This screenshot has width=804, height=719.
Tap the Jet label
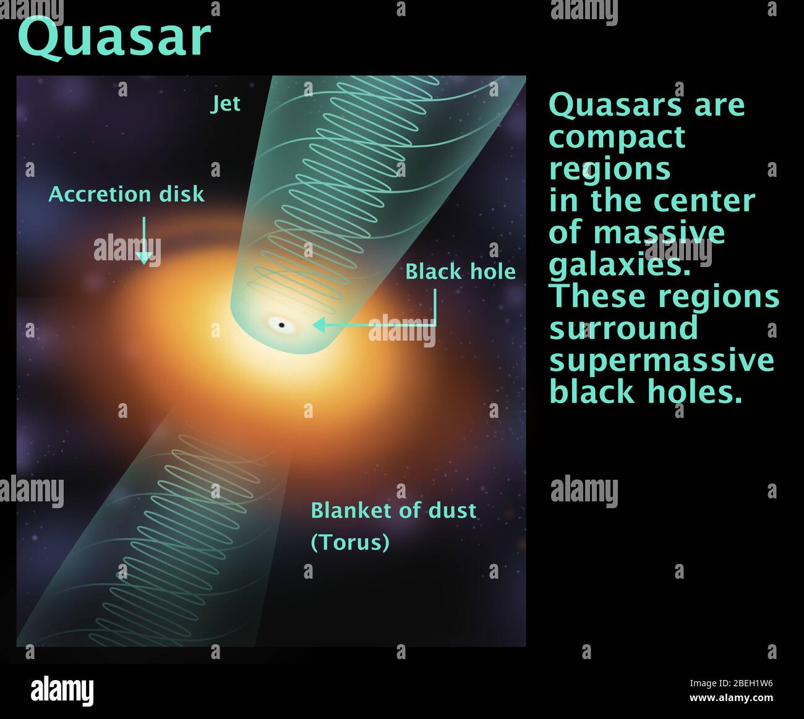tap(225, 104)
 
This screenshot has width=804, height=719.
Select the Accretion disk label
tap(126, 194)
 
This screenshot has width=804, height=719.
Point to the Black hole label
tap(460, 271)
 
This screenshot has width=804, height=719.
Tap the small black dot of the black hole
tap(281, 325)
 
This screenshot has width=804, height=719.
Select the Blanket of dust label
tap(393, 511)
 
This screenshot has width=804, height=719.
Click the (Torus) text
tap(349, 542)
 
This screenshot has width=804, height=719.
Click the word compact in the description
tap(617, 137)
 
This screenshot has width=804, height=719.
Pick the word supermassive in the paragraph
tap(661, 360)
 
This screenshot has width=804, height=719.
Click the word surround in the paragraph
tap(623, 328)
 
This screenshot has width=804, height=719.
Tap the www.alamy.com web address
tap(731, 698)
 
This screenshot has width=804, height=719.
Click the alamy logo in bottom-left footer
tap(62, 691)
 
